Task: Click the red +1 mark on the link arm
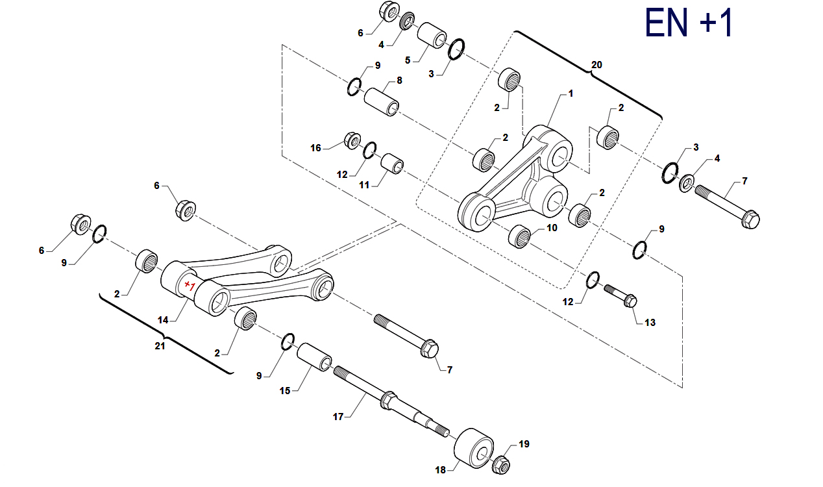190,285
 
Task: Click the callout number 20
596,65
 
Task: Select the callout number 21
160,346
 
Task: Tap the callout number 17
338,416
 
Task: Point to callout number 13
650,322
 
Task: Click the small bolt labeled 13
620,295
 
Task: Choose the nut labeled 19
500,464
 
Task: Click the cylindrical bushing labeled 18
474,448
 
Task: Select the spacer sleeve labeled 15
314,357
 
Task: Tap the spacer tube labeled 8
382,102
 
